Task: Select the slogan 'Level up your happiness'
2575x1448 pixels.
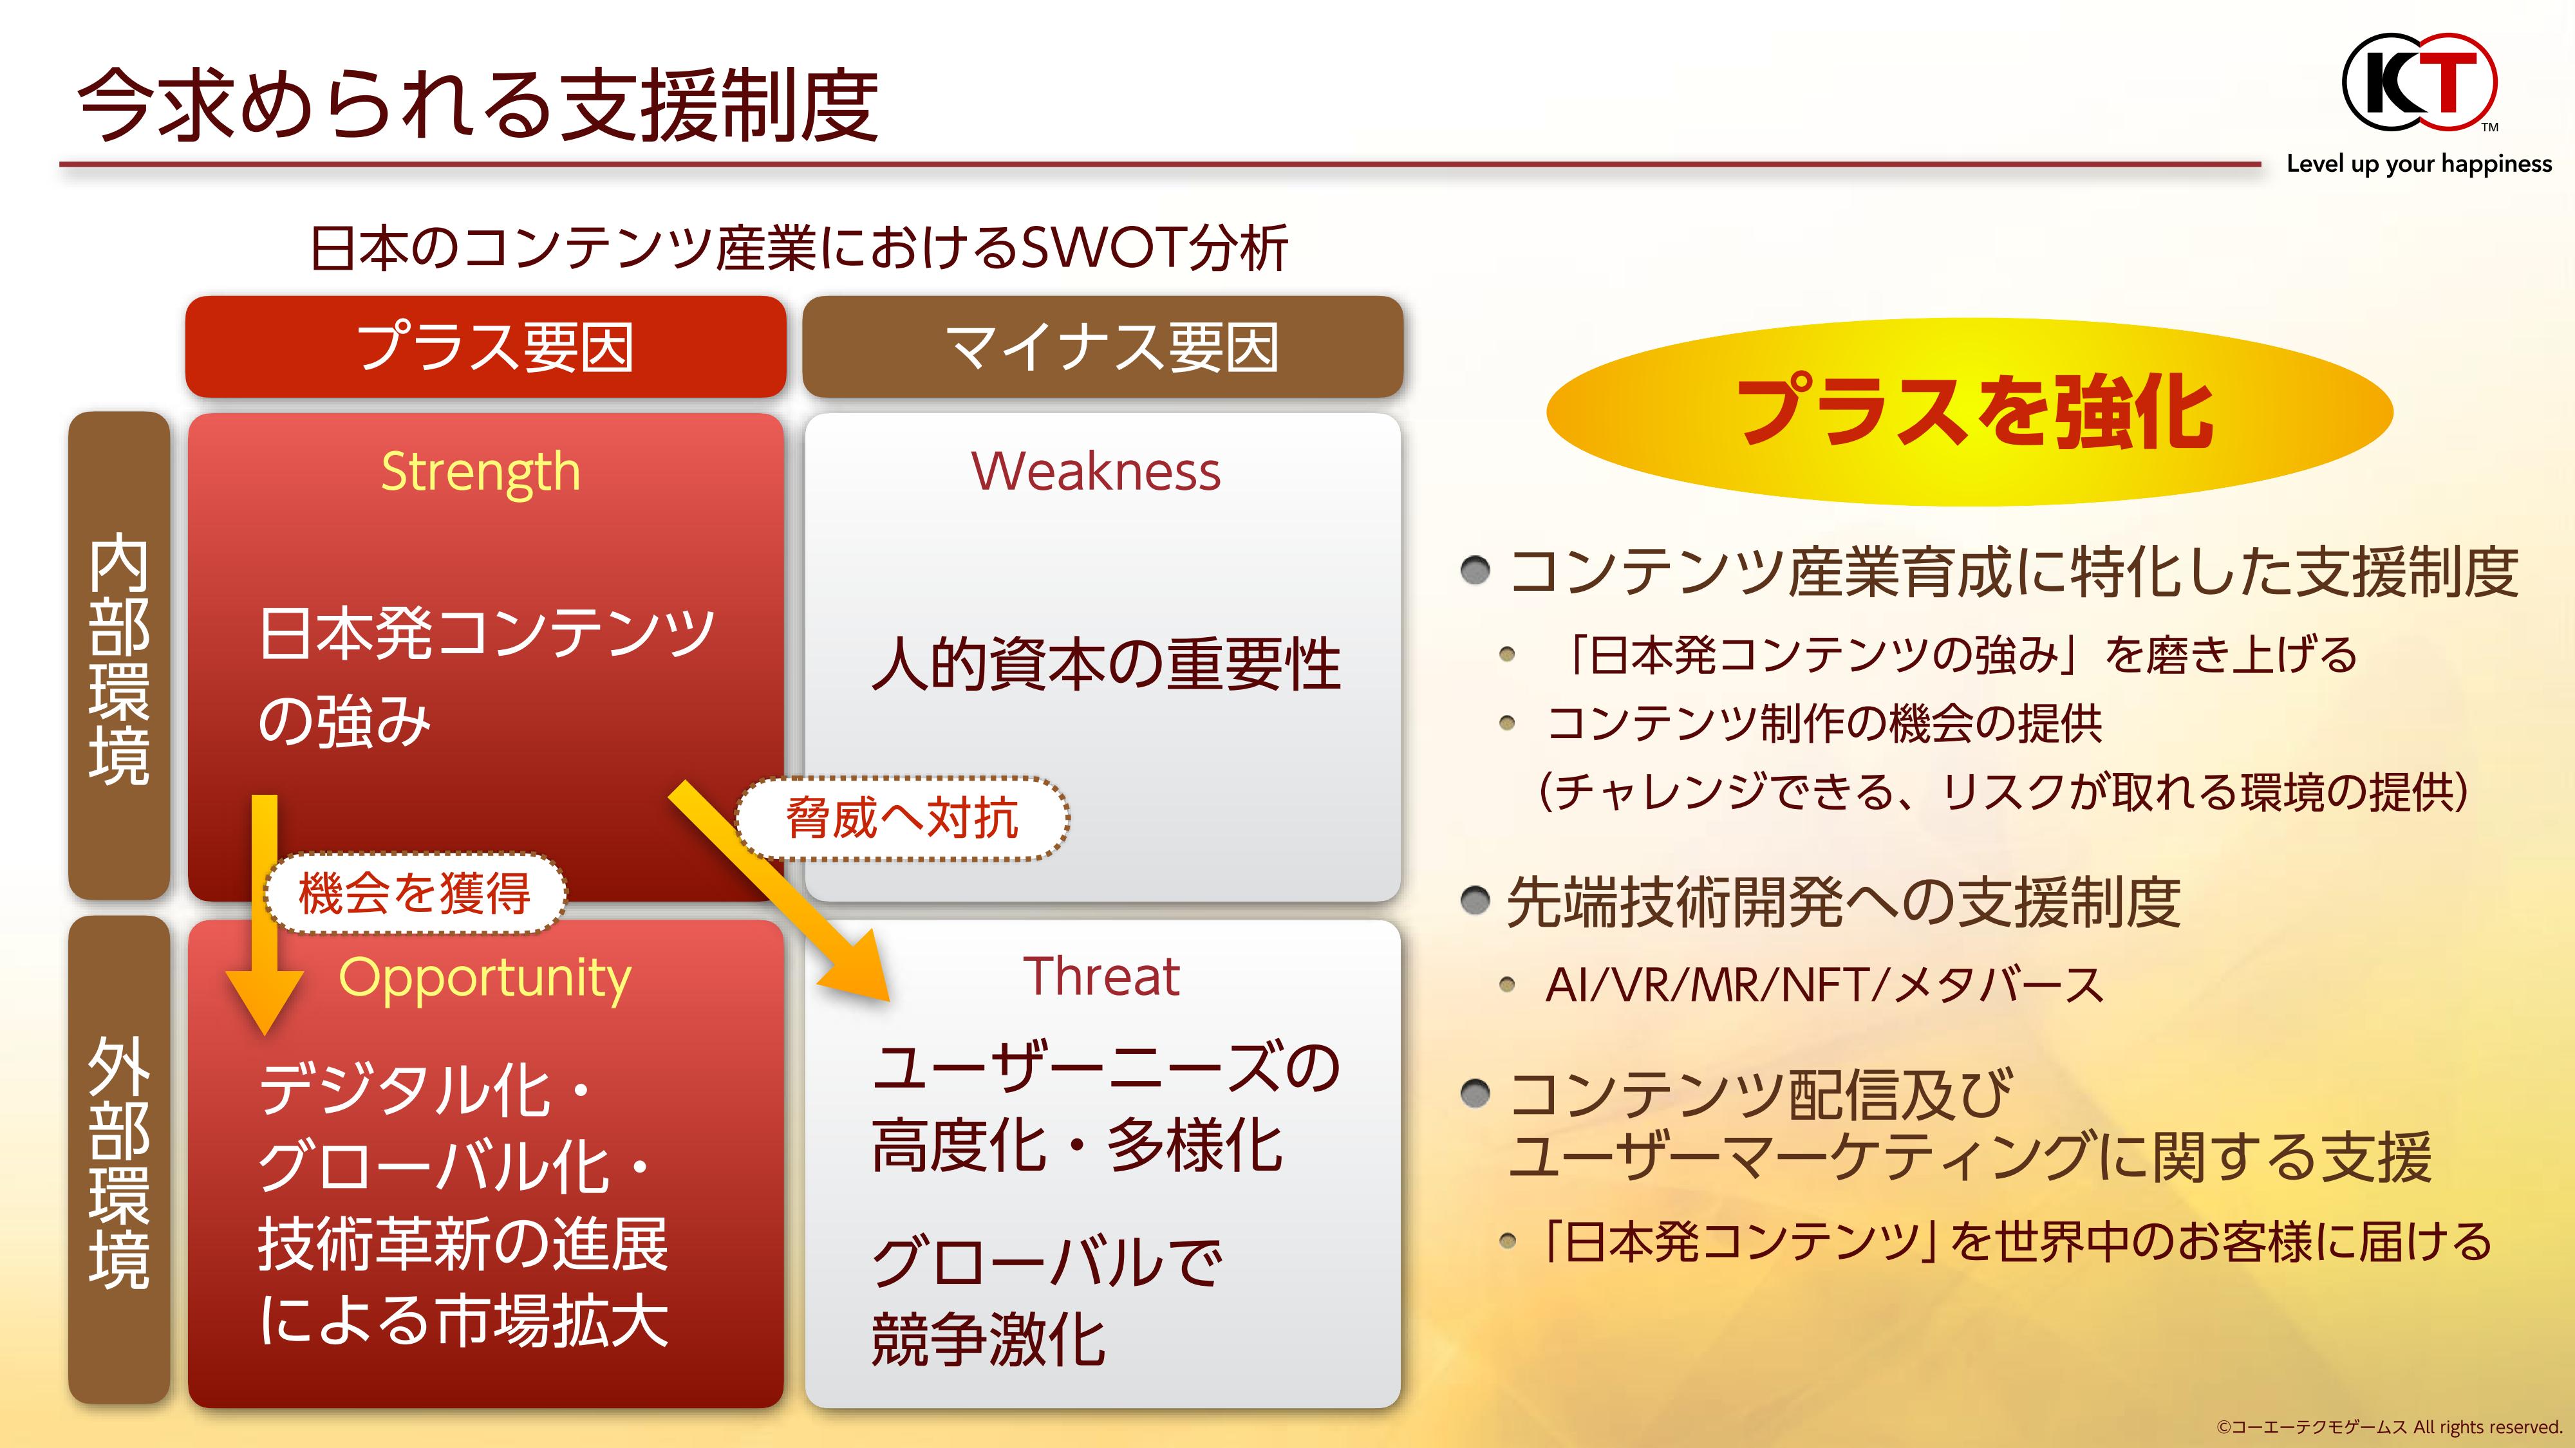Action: click(x=2419, y=164)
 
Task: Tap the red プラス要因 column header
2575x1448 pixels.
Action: click(x=486, y=347)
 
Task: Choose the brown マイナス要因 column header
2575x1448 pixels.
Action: click(x=1103, y=347)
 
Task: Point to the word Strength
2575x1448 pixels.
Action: click(x=481, y=472)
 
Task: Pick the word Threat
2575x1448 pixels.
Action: click(x=1101, y=976)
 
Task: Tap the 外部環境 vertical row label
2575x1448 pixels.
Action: click(x=119, y=1160)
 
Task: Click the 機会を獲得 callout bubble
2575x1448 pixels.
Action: click(x=415, y=893)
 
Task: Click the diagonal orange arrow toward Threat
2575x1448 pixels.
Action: click(x=780, y=891)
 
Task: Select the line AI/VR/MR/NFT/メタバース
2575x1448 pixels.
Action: click(x=1824, y=985)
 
